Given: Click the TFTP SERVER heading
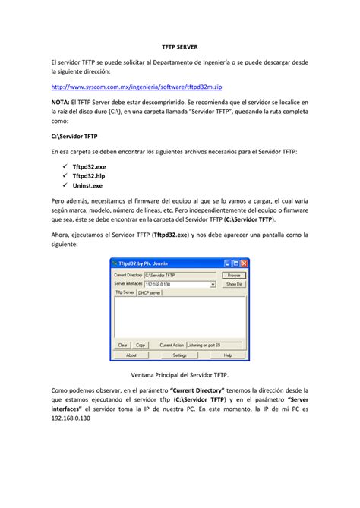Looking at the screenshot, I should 179,47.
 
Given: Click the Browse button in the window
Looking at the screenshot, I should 234,275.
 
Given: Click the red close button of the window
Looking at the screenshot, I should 244,263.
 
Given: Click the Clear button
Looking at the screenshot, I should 123,345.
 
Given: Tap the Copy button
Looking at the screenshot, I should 141,345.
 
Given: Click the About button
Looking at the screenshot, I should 131,355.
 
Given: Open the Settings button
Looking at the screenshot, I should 180,355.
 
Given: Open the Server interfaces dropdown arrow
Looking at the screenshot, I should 213,284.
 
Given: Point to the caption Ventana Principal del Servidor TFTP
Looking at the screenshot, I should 179,376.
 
